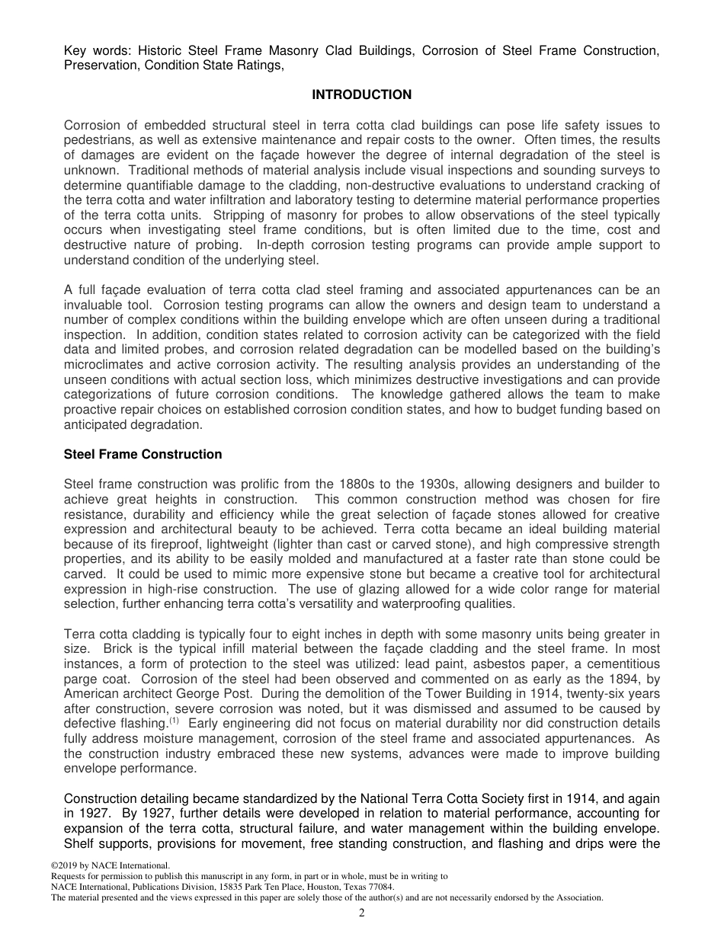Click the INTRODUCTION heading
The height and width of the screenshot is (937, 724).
(x=362, y=95)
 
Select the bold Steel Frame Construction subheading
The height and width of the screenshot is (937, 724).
(x=143, y=455)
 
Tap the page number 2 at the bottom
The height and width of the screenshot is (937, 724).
(x=362, y=913)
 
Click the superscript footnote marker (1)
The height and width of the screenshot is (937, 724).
(x=174, y=720)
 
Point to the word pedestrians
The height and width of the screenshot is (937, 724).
(x=98, y=140)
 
